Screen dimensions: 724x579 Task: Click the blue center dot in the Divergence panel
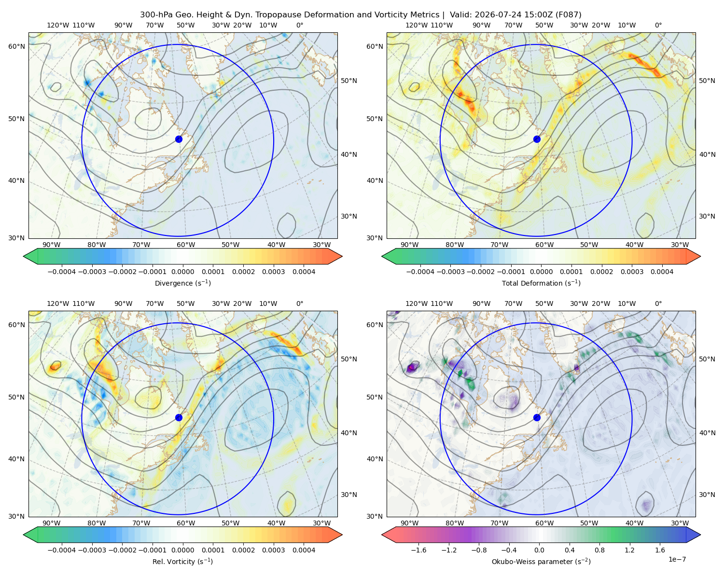coord(179,139)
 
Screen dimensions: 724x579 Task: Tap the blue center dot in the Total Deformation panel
coord(537,139)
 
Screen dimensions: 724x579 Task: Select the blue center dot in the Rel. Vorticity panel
coord(179,417)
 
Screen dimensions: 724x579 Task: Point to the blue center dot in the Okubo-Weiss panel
coord(537,417)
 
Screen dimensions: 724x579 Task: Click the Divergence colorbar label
coord(182,283)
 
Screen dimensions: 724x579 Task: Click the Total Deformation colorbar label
coord(541,283)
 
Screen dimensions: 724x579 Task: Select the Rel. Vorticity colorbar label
coord(182,562)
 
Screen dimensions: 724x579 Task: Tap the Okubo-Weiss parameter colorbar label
coord(541,562)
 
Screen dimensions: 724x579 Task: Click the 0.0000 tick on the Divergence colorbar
coord(182,272)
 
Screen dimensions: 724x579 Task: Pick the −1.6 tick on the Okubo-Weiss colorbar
coord(418,550)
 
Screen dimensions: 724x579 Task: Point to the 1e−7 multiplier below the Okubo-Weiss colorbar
coord(677,559)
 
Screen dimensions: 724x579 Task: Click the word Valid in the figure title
coord(459,15)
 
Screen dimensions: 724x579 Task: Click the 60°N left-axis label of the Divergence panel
coord(16,46)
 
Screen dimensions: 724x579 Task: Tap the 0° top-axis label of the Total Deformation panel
coord(658,25)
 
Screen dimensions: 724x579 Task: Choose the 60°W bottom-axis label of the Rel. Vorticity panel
coord(186,523)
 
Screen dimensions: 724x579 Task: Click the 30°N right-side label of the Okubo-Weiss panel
coord(707,495)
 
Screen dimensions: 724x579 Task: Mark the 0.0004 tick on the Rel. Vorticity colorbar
coord(304,550)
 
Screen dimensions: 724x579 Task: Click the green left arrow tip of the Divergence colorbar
coord(24,256)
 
